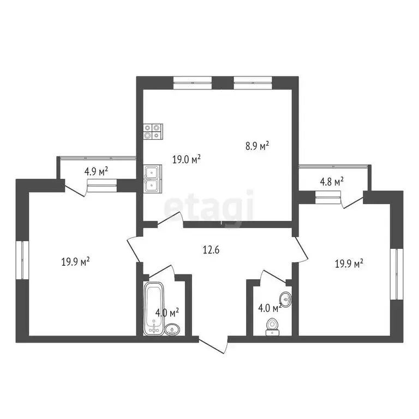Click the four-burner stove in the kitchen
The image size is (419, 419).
pyautogui.click(x=152, y=131)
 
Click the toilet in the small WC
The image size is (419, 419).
pyautogui.click(x=272, y=326)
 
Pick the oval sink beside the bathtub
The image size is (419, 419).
pyautogui.click(x=173, y=328)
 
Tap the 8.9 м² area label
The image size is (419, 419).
pyautogui.click(x=257, y=146)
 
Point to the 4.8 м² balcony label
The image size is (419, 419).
pyautogui.click(x=331, y=181)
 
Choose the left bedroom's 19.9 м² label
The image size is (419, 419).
pyautogui.click(x=75, y=262)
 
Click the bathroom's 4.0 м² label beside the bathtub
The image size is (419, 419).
pyautogui.click(x=167, y=313)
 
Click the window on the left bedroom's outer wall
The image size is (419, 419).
pyautogui.click(x=22, y=260)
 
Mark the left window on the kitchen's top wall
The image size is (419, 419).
pyautogui.click(x=192, y=82)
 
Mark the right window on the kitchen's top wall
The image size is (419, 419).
pyautogui.click(x=253, y=82)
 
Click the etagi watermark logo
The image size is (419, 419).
pyautogui.click(x=209, y=209)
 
